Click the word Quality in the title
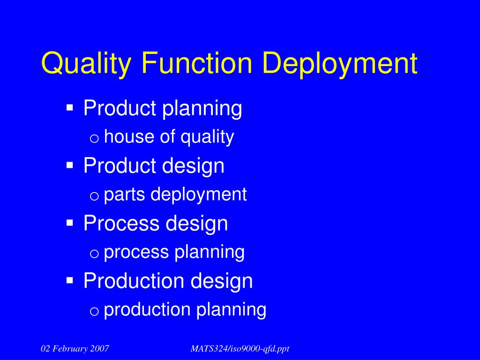[86, 64]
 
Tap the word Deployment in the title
[339, 64]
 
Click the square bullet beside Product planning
[70, 108]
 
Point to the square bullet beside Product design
[70, 165]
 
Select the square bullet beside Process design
[70, 223]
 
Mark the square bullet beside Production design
[70, 280]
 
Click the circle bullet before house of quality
[94, 138]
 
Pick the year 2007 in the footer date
[100, 348]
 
